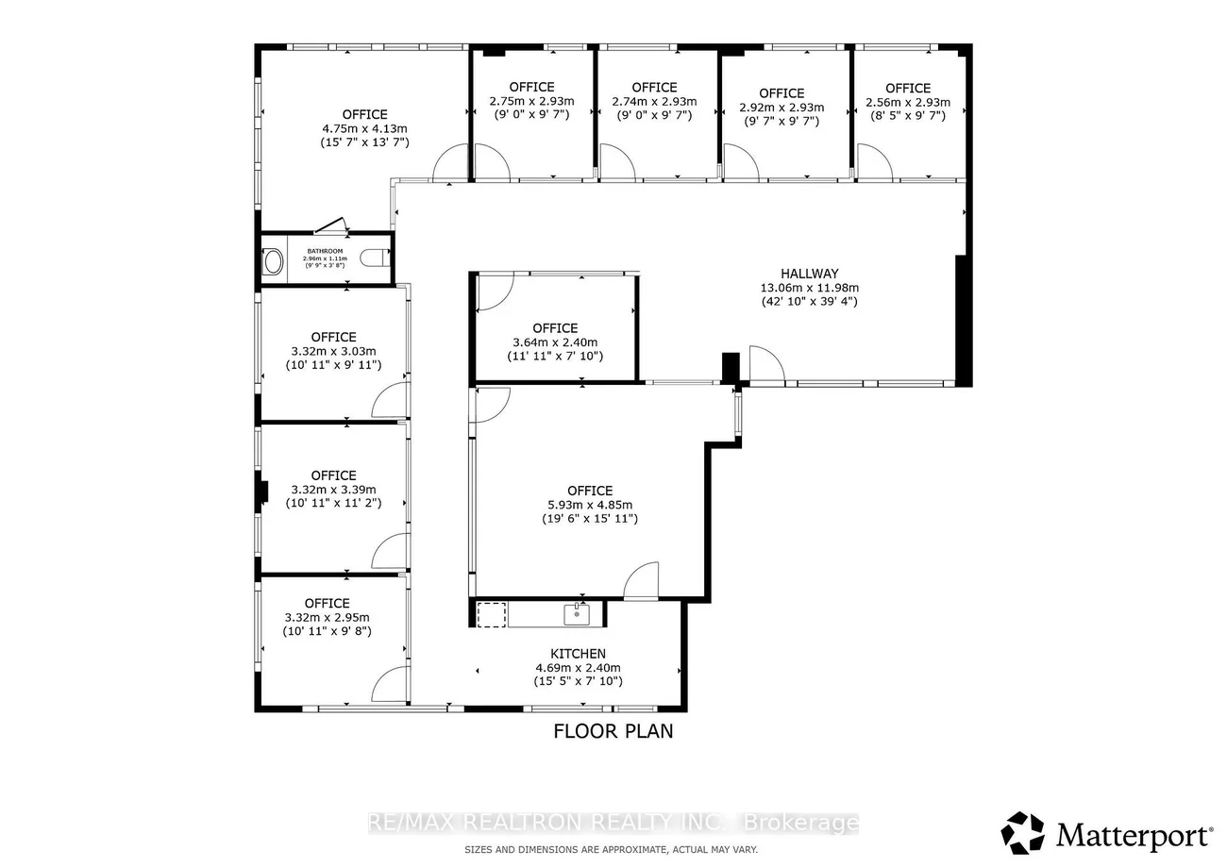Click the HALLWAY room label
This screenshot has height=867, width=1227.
point(810,274)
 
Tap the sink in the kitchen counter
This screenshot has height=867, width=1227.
point(577,614)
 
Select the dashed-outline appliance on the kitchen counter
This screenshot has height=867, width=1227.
point(491,614)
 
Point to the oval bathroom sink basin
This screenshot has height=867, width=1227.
point(274,261)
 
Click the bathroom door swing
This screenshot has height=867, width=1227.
point(332,225)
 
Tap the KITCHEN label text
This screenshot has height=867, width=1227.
point(578,654)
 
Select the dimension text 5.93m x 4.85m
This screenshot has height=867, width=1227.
point(590,505)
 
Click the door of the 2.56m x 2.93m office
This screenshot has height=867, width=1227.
point(874,162)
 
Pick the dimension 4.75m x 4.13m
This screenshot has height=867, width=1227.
point(364,128)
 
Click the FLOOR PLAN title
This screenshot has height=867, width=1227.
point(613,731)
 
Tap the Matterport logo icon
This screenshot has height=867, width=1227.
point(1022,833)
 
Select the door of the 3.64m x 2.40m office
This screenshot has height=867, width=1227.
point(495,292)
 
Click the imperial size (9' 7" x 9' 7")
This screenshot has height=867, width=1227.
point(782,121)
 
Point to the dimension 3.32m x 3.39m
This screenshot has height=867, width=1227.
point(333,490)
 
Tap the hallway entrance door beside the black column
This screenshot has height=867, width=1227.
point(766,365)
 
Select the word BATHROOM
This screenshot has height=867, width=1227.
point(326,251)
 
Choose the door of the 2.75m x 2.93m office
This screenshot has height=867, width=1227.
point(491,162)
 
